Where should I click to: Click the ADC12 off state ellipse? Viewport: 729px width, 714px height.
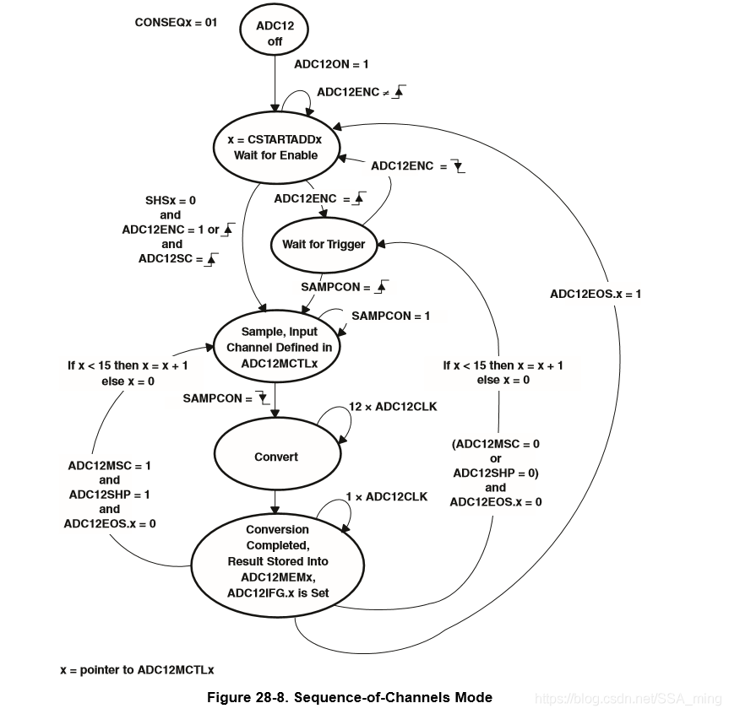tap(275, 33)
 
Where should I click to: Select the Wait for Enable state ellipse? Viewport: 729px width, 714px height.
tap(275, 147)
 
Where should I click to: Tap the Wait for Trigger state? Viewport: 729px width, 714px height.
tap(324, 245)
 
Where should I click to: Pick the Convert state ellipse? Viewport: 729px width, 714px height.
tap(276, 457)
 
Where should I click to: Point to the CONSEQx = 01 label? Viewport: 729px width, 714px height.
tap(176, 22)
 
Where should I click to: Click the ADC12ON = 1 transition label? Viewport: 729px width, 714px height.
tap(331, 64)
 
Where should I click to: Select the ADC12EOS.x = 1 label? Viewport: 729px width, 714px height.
tap(596, 294)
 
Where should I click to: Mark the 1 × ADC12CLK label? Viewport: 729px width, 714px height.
tap(386, 496)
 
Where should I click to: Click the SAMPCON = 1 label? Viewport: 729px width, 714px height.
tap(391, 316)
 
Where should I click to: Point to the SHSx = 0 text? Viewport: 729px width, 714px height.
tap(171, 201)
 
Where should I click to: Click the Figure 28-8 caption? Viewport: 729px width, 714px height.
tap(350, 697)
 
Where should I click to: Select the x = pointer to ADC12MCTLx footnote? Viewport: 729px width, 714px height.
tap(137, 669)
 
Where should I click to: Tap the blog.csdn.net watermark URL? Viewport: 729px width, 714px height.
tap(628, 699)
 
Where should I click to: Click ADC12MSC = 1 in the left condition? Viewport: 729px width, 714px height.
tap(110, 465)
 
